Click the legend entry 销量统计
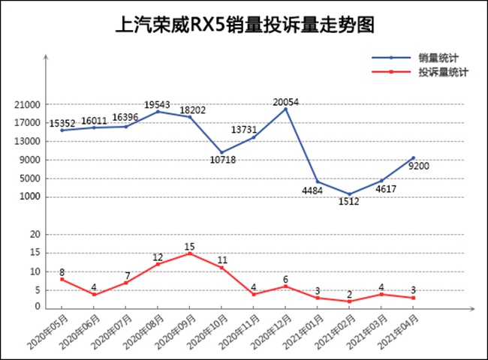(x=439, y=57)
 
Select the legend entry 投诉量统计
(x=444, y=72)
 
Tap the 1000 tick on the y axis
(x=32, y=197)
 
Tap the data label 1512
(x=349, y=202)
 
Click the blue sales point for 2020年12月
(x=285, y=109)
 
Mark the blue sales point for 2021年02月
(x=349, y=194)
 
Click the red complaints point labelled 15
(x=190, y=253)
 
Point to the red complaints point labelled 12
(x=158, y=264)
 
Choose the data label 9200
(x=418, y=166)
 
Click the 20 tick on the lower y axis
(x=34, y=235)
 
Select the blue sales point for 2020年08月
(x=158, y=112)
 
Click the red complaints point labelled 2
(x=349, y=301)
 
